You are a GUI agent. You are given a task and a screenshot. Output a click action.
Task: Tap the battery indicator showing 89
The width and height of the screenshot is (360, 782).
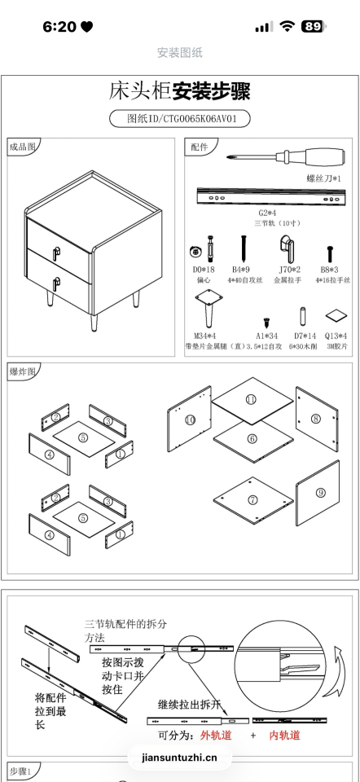pyautogui.click(x=313, y=27)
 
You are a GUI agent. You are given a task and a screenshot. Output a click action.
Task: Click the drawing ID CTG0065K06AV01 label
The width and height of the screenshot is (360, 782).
pyautogui.click(x=179, y=118)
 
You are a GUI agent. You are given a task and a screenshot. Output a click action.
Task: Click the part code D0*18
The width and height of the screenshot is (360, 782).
pyautogui.click(x=203, y=268)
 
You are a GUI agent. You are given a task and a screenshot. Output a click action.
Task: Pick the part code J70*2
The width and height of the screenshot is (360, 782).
pyautogui.click(x=290, y=268)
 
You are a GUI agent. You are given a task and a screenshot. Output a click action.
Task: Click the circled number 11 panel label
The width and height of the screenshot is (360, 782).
pyautogui.click(x=251, y=399)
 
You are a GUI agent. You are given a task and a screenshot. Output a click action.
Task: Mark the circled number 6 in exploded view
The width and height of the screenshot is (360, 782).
pyautogui.click(x=252, y=438)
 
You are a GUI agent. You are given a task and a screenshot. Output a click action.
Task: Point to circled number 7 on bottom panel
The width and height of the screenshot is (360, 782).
pyautogui.click(x=252, y=499)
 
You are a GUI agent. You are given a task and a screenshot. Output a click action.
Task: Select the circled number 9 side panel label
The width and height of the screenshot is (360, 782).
pyautogui.click(x=320, y=492)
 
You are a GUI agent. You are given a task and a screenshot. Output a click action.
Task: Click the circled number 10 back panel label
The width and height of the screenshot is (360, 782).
pyautogui.click(x=190, y=420)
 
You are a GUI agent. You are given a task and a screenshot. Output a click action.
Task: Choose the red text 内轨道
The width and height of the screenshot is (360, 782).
pyautogui.click(x=284, y=736)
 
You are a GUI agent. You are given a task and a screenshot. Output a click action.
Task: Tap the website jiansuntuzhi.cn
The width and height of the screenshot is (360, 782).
pyautogui.click(x=179, y=758)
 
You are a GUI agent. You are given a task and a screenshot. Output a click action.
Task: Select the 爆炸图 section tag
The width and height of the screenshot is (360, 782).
pyautogui.click(x=22, y=371)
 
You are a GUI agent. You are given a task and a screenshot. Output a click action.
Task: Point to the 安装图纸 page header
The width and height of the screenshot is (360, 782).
pyautogui.click(x=179, y=53)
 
